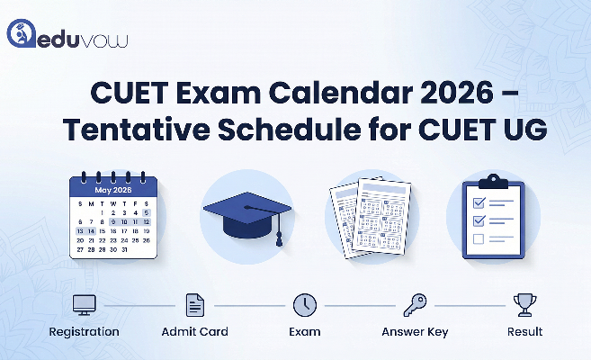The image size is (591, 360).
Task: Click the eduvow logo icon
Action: (x=21, y=33)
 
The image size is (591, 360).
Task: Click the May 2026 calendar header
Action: (x=112, y=190)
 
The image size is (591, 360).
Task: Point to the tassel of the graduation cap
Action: (x=279, y=236)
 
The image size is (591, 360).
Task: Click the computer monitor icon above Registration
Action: (x=85, y=305)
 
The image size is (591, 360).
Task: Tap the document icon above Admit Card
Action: (x=194, y=305)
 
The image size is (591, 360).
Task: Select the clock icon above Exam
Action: (x=304, y=305)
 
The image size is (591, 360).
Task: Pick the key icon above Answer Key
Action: (x=415, y=305)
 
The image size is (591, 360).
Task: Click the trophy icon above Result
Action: (x=524, y=305)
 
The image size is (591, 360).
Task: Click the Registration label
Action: (x=85, y=331)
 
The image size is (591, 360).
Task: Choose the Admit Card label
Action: (x=194, y=331)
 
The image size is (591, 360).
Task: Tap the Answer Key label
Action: (x=415, y=331)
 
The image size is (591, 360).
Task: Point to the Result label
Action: (x=524, y=331)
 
